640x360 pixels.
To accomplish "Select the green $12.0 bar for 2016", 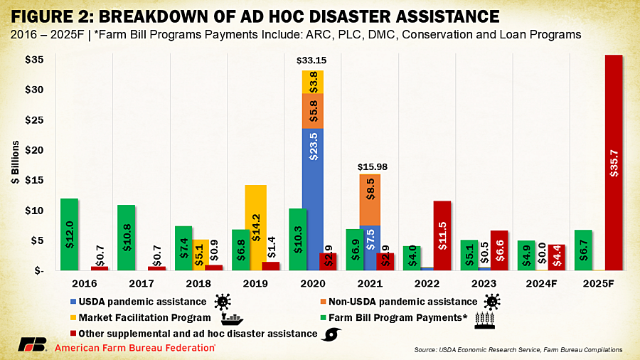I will tap(69, 234).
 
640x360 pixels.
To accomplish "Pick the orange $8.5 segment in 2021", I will tap(370, 200).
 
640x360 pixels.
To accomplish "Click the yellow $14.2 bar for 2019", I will tap(256, 228).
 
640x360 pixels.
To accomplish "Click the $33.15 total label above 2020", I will tap(313, 62).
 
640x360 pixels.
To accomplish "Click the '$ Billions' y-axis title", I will tap(15, 164).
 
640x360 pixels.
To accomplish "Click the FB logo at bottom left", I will tap(33, 347).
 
